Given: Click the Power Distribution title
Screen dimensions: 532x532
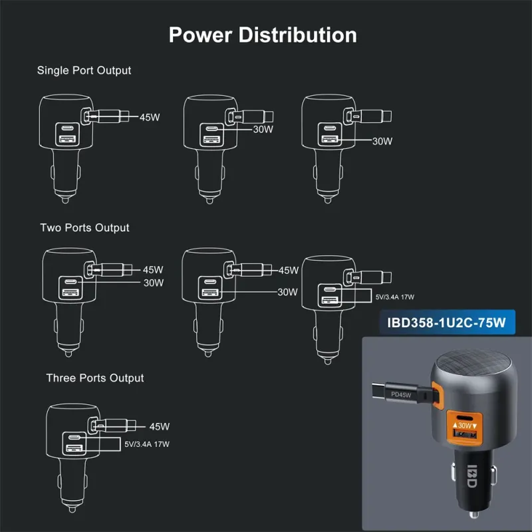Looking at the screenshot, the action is [x=263, y=35].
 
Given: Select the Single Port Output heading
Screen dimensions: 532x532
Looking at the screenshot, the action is [x=84, y=70].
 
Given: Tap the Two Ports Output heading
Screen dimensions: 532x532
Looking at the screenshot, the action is [x=84, y=227].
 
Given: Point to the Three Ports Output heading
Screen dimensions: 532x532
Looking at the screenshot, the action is [x=95, y=378].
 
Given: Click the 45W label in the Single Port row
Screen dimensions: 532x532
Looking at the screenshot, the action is [x=150, y=118].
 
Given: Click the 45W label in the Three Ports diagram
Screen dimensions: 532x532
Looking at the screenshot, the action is [x=160, y=426].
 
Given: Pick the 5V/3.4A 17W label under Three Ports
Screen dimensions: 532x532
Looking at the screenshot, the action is [x=147, y=444].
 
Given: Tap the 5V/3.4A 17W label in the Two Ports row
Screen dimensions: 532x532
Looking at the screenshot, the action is [x=395, y=297].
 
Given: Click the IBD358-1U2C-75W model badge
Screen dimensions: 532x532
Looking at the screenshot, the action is [x=446, y=323].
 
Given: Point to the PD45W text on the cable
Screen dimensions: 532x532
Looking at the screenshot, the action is [x=401, y=394].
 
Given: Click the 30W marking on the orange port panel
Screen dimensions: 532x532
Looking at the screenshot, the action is [x=465, y=425].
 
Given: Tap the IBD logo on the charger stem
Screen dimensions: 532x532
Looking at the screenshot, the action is [x=472, y=476].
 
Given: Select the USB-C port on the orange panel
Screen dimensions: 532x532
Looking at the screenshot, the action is [x=464, y=418].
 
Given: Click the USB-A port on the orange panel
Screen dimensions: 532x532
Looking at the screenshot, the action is [x=465, y=434].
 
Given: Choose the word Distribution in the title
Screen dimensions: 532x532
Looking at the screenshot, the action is [x=297, y=35].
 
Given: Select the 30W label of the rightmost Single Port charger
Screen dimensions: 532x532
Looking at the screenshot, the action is [x=382, y=141].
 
